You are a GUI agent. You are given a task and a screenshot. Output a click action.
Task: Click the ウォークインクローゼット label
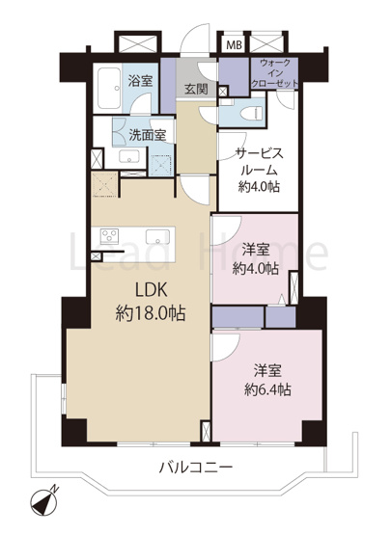(x=274, y=73)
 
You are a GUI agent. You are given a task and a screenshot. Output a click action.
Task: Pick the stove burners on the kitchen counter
(x=107, y=237)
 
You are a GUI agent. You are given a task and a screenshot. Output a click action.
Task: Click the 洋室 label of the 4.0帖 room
(x=256, y=248)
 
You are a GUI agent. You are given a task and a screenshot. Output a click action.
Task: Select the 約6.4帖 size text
(x=267, y=390)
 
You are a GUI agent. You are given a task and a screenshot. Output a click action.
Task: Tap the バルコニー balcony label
(x=197, y=468)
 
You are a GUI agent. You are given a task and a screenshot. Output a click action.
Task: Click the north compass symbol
(x=44, y=502)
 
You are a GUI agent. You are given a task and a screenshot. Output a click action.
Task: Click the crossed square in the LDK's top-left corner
(x=103, y=186)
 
